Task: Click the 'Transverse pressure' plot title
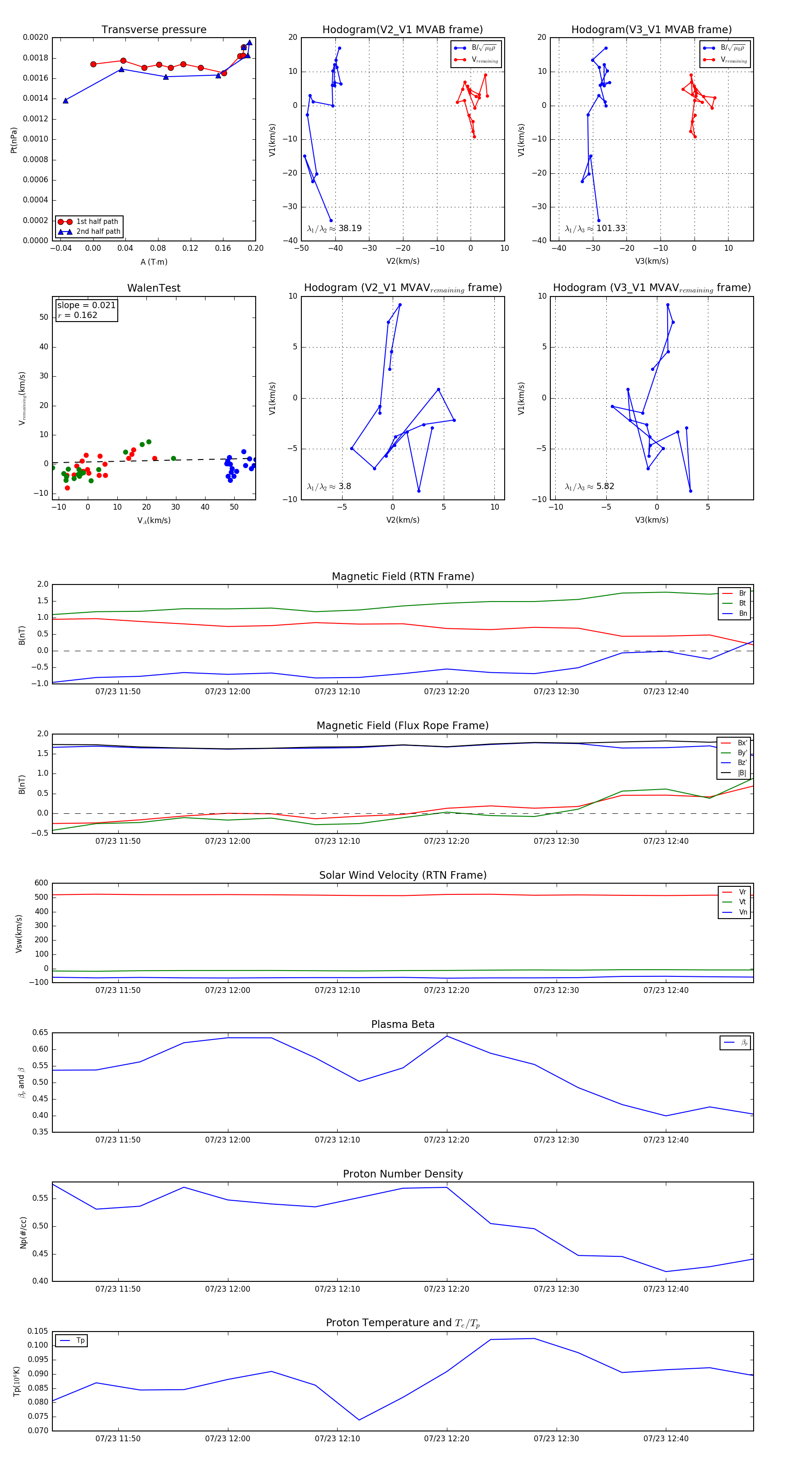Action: coord(154,30)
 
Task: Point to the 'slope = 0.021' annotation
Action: coord(86,305)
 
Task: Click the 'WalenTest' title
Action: coord(154,288)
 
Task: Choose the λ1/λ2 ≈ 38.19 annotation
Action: coord(334,228)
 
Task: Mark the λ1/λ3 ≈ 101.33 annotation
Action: coord(595,228)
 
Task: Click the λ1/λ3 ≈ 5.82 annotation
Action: coord(589,486)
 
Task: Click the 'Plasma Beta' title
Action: coord(403,1025)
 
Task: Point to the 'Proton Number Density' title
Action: coord(403,1174)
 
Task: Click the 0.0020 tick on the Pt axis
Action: coord(35,38)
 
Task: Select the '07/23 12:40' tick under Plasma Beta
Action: coord(665,1140)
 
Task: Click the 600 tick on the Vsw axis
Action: coord(41,883)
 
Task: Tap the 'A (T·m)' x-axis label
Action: coord(154,262)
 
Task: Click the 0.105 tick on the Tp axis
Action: coord(38,1331)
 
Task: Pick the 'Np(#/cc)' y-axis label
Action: coord(23,1233)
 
